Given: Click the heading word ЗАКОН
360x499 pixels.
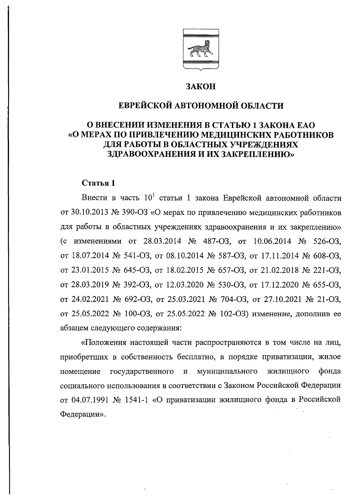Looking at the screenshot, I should (201, 87).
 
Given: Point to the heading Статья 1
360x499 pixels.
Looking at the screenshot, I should (98, 183).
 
